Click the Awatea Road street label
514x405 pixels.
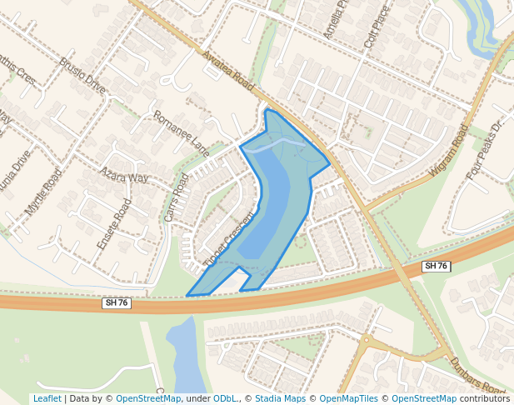227,70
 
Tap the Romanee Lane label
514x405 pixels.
182,133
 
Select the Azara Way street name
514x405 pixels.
124,176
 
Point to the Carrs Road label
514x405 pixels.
177,197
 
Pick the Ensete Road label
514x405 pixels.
115,224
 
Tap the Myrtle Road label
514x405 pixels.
43,192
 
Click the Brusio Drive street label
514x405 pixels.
82,76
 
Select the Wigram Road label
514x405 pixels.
450,151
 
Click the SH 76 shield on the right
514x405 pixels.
436,266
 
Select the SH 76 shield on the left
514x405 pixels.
116,302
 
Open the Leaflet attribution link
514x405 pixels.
47,398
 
